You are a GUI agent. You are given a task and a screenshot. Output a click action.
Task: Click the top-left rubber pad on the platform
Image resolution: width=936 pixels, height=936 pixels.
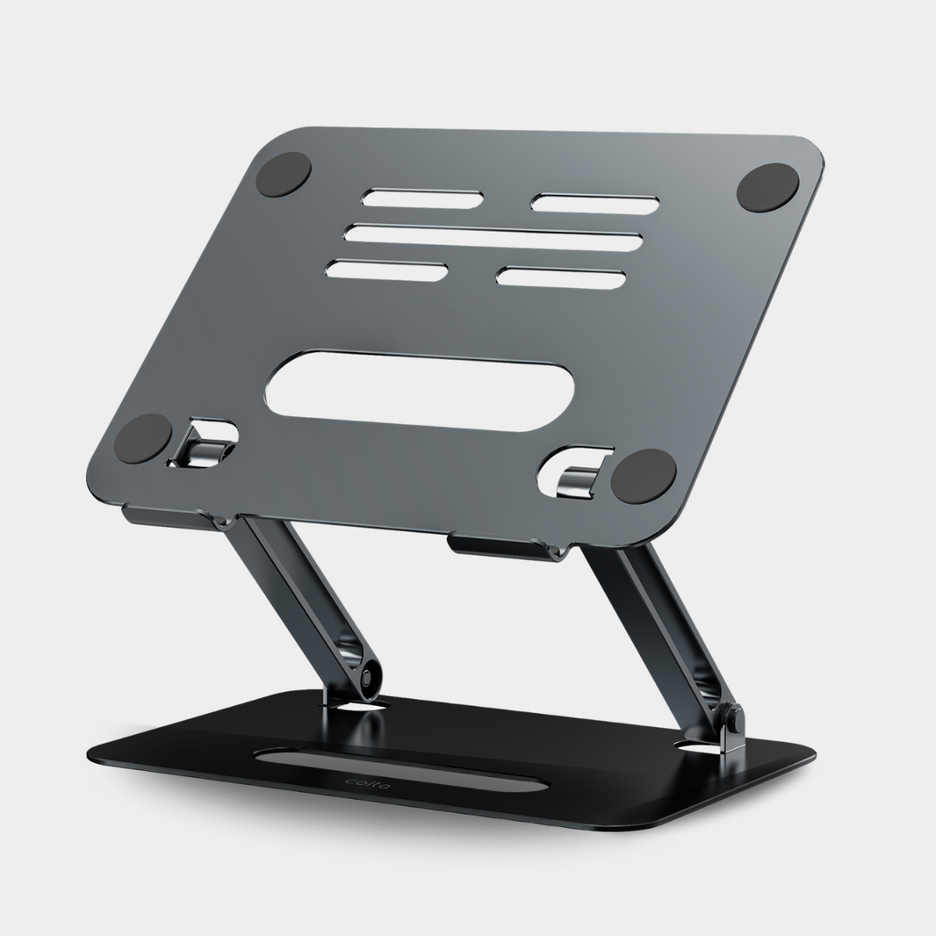284,174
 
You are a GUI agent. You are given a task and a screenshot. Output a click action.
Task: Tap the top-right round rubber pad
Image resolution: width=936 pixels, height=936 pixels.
767,188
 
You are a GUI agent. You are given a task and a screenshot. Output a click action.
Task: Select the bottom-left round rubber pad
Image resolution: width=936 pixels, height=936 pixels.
143,438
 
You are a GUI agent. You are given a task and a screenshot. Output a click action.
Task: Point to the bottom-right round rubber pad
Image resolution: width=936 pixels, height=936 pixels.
644,476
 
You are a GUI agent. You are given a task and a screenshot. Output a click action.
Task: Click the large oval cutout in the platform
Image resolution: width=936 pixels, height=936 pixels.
420,391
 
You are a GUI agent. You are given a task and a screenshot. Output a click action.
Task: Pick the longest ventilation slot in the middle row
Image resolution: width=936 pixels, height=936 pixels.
493,237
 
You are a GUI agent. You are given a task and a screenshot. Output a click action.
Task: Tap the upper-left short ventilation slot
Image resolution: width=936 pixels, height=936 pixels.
422,199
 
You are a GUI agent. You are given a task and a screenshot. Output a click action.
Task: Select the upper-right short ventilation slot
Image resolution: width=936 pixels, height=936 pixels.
595,205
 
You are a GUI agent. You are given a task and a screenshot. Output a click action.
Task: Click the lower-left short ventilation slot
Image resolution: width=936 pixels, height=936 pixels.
386,270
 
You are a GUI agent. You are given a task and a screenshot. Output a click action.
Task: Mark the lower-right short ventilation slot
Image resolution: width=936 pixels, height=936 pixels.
561,277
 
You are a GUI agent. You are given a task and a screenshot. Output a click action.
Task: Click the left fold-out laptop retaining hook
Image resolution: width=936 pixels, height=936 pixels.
204,444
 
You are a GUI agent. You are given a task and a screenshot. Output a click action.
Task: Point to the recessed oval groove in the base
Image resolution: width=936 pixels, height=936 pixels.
404,771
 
